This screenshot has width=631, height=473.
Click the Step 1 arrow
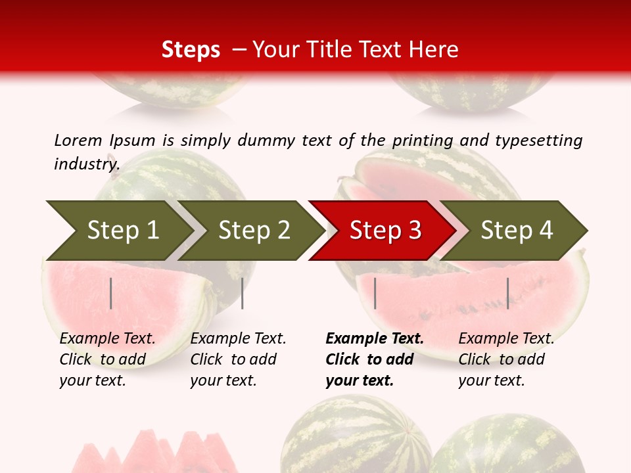pyautogui.click(x=122, y=230)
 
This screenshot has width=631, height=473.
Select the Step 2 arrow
pyautogui.click(x=254, y=230)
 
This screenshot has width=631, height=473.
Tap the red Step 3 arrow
pyautogui.click(x=385, y=230)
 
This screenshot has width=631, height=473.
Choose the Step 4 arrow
pyautogui.click(x=517, y=230)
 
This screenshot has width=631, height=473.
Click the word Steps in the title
pyautogui.click(x=191, y=50)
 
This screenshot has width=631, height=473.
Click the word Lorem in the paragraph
pyautogui.click(x=78, y=140)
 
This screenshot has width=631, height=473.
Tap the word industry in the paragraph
pyautogui.click(x=86, y=164)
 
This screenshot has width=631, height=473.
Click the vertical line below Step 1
pyautogui.click(x=111, y=293)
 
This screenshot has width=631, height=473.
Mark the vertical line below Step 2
pyautogui.click(x=243, y=293)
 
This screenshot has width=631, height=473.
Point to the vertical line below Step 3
pyautogui.click(x=375, y=293)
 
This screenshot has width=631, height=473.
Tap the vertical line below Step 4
pyautogui.click(x=507, y=293)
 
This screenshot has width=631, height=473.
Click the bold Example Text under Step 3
pyautogui.click(x=375, y=339)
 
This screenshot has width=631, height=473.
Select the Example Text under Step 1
pyautogui.click(x=107, y=339)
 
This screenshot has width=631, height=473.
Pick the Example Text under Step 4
pyautogui.click(x=506, y=339)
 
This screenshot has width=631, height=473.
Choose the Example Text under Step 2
pyautogui.click(x=238, y=339)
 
